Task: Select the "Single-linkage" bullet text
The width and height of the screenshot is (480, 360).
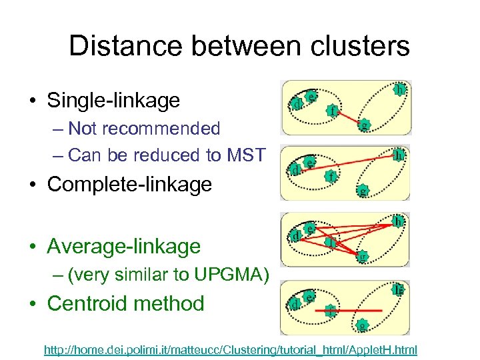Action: coord(113,101)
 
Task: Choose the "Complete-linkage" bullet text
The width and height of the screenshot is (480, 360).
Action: coord(129,183)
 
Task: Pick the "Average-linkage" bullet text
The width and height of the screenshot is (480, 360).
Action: coord(123,246)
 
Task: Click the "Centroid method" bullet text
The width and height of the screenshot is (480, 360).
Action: coord(125,303)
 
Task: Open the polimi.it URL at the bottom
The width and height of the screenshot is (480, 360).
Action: coord(231,349)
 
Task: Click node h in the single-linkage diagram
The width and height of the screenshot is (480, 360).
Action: coord(399,89)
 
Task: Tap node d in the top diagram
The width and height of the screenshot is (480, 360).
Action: coord(297,104)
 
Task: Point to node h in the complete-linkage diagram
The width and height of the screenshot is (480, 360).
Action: coord(398,155)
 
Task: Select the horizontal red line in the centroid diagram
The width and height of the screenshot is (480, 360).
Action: coord(353,309)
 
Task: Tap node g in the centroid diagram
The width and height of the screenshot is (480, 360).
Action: coord(361,326)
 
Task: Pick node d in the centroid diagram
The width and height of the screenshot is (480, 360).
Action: coord(293,303)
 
